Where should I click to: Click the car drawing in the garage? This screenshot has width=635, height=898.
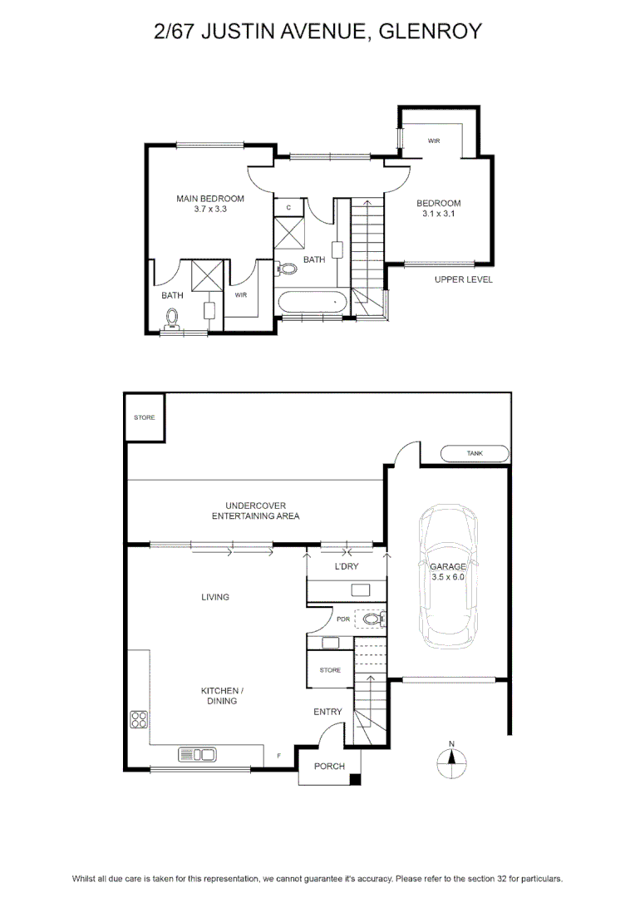tap(448, 577)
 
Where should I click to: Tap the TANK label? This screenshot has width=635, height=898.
tap(475, 453)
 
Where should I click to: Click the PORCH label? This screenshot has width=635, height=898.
tap(329, 766)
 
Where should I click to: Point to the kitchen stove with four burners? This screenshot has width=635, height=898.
tap(139, 719)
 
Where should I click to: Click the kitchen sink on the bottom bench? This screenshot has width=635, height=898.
tap(198, 755)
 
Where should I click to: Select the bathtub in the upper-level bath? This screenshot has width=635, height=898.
tap(312, 301)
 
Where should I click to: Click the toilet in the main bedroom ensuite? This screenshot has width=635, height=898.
tap(172, 318)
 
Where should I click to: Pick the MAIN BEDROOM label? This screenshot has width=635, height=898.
tap(210, 199)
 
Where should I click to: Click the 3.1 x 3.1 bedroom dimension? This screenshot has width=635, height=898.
tap(439, 214)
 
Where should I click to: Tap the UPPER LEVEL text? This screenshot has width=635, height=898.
tap(463, 279)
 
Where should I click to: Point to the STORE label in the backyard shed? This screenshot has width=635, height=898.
tap(145, 417)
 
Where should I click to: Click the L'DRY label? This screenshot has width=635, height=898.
tap(347, 566)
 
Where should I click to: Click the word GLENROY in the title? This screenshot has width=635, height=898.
tap(431, 31)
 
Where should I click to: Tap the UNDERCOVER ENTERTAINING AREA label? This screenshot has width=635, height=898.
tap(255, 511)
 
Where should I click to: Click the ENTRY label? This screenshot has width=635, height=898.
tap(327, 711)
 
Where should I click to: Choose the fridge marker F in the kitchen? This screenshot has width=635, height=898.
tap(278, 756)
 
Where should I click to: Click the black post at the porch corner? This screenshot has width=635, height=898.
tap(356, 779)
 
